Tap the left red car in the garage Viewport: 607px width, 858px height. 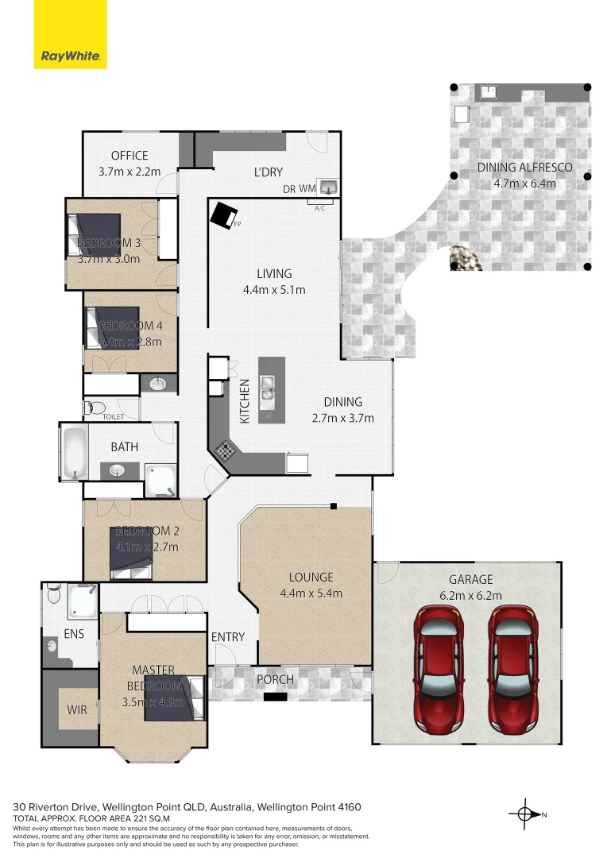coord(438,669)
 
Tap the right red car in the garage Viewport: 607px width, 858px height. coord(512,669)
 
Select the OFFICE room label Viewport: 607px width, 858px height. coord(130,156)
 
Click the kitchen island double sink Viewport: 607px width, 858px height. coord(268,388)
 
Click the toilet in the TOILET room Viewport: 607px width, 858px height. coord(94,408)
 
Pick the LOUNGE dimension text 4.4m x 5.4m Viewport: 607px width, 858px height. coord(311,593)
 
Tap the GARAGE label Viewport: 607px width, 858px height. coord(470,580)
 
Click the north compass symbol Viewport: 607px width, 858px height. coord(524,814)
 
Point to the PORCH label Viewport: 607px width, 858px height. coord(275,680)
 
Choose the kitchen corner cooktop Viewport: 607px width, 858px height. coord(225,451)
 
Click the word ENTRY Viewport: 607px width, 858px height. coord(228,637)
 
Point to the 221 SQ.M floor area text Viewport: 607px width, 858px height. coord(127,818)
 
